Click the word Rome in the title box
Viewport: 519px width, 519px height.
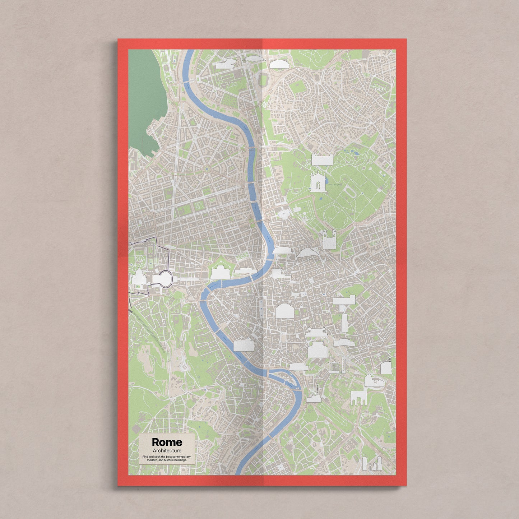click(167, 442)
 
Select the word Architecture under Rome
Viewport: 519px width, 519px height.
click(167, 450)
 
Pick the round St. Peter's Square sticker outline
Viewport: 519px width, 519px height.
click(164, 279)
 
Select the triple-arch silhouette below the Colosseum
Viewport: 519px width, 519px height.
click(358, 398)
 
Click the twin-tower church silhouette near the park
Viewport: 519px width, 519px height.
click(329, 238)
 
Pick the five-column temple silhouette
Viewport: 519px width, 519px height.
click(334, 367)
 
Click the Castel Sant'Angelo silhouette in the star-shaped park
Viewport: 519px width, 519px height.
click(220, 273)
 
